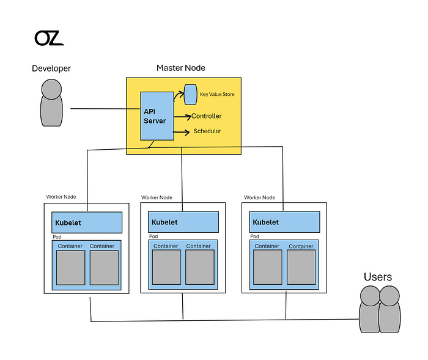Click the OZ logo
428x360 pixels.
tap(49, 38)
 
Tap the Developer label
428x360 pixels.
tap(51, 68)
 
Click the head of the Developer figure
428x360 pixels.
tap(51, 89)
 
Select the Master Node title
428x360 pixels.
tap(181, 68)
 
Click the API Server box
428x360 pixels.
tap(157, 116)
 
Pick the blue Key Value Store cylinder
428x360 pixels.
tap(191, 95)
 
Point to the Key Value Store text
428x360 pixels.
tap(217, 94)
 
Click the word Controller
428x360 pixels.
tap(207, 116)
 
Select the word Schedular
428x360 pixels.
tap(207, 131)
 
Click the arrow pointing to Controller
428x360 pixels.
tap(182, 117)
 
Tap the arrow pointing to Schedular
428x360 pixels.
tap(181, 133)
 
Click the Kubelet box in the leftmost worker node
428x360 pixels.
tap(87, 222)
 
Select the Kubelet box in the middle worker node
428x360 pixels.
tap(183, 222)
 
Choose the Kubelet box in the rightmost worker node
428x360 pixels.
tap(284, 222)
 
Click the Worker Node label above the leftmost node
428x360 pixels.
tap(61, 197)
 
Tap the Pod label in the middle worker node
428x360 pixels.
tap(153, 237)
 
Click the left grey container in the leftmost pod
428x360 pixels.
tap(71, 268)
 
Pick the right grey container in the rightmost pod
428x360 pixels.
tap(301, 268)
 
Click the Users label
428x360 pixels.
tap(378, 277)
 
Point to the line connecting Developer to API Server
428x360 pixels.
tap(105, 109)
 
